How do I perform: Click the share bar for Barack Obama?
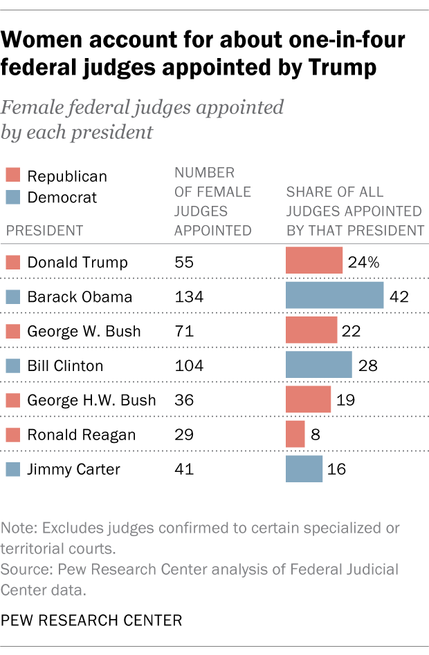pyautogui.click(x=334, y=295)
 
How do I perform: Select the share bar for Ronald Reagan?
pyautogui.click(x=295, y=434)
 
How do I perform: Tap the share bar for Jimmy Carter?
pyautogui.click(x=304, y=468)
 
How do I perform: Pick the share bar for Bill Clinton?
pyautogui.click(x=318, y=365)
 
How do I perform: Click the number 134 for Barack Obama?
pyautogui.click(x=189, y=297)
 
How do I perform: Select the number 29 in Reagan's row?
pyautogui.click(x=184, y=435)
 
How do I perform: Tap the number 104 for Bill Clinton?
pyautogui.click(x=189, y=366)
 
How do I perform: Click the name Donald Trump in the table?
pyautogui.click(x=77, y=263)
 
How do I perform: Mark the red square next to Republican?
pyautogui.click(x=12, y=176)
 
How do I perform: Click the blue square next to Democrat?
pyautogui.click(x=12, y=198)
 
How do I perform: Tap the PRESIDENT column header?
pyautogui.click(x=44, y=231)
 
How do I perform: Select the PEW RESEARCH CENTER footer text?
pyautogui.click(x=92, y=620)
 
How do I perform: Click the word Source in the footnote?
pyautogui.click(x=23, y=570)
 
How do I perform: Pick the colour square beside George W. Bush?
pyautogui.click(x=12, y=332)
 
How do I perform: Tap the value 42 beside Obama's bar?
pyautogui.click(x=400, y=297)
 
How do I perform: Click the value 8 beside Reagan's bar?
pyautogui.click(x=316, y=435)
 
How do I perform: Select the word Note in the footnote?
pyautogui.click(x=19, y=529)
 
